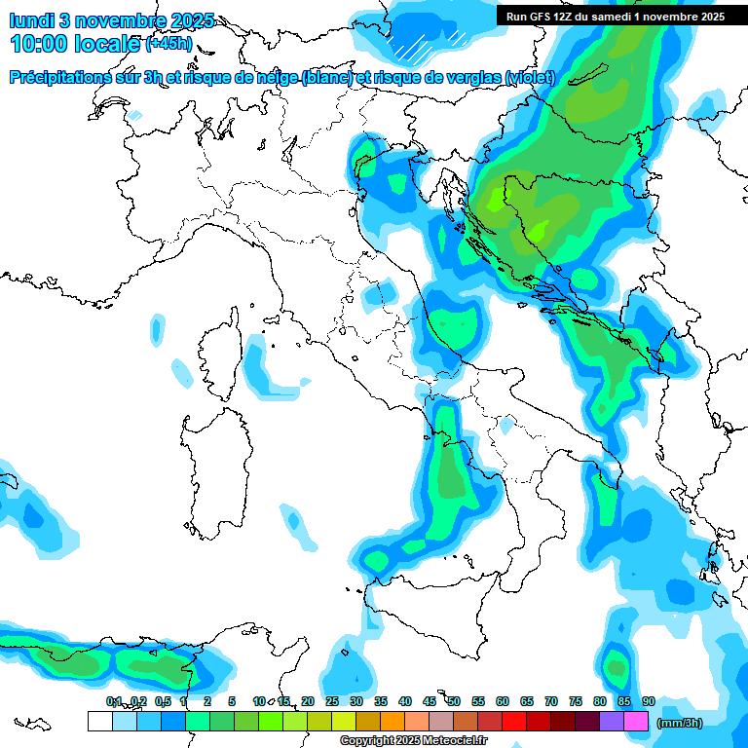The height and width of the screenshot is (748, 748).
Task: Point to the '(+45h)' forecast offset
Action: coord(168,44)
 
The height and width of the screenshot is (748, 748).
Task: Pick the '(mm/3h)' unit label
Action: coord(680,723)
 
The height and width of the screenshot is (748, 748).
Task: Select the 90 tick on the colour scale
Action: coord(649,701)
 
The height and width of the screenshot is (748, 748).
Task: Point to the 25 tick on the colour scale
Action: coord(332,701)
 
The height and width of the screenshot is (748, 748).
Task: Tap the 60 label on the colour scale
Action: coord(503,701)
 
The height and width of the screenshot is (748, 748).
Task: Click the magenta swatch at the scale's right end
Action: coord(636,722)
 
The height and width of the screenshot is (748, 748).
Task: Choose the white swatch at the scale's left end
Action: coord(99,722)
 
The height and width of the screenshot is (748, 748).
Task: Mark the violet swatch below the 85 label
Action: coord(612,722)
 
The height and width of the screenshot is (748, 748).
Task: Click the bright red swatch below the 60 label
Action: coord(514,722)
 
